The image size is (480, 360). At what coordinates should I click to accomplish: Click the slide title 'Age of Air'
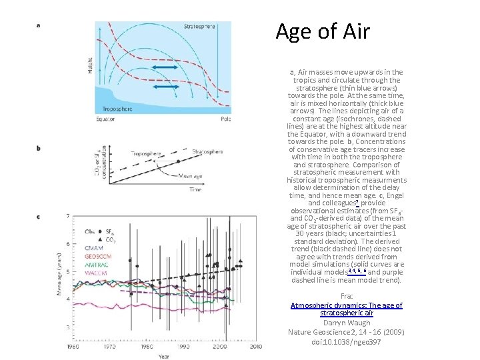322,31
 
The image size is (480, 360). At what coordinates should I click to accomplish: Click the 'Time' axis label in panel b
195,189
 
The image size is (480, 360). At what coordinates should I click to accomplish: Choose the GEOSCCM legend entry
98,255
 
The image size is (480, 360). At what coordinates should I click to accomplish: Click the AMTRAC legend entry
97,264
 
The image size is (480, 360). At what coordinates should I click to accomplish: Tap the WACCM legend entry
96,272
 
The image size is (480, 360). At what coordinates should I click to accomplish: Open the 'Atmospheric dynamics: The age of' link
347,305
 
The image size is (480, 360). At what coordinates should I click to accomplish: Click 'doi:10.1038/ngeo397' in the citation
346,342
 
